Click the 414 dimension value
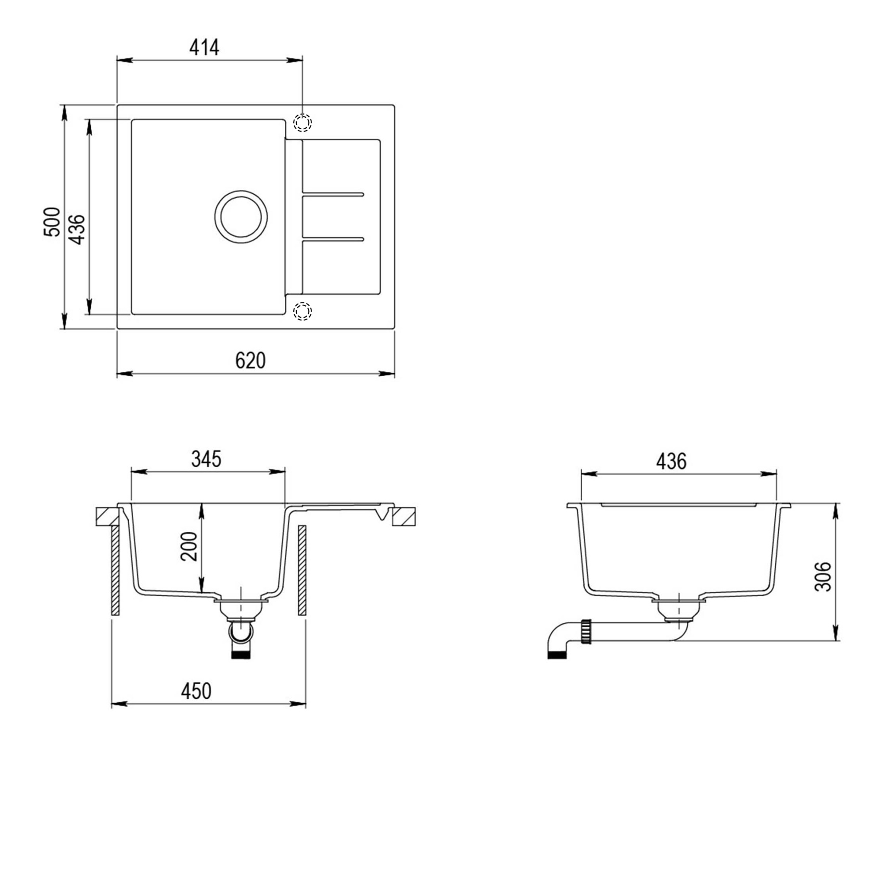(204, 48)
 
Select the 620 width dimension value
(250, 361)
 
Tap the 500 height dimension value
(52, 222)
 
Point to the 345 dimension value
(206, 459)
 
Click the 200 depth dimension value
(189, 546)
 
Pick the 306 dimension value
(823, 576)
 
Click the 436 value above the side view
(671, 461)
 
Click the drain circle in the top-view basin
(241, 217)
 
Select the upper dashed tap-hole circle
(302, 122)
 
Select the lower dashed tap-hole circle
(302, 311)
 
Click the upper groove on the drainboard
(333, 194)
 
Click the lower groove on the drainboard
(333, 239)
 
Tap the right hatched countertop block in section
(404, 516)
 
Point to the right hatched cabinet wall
(302, 570)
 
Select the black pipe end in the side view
(558, 655)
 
